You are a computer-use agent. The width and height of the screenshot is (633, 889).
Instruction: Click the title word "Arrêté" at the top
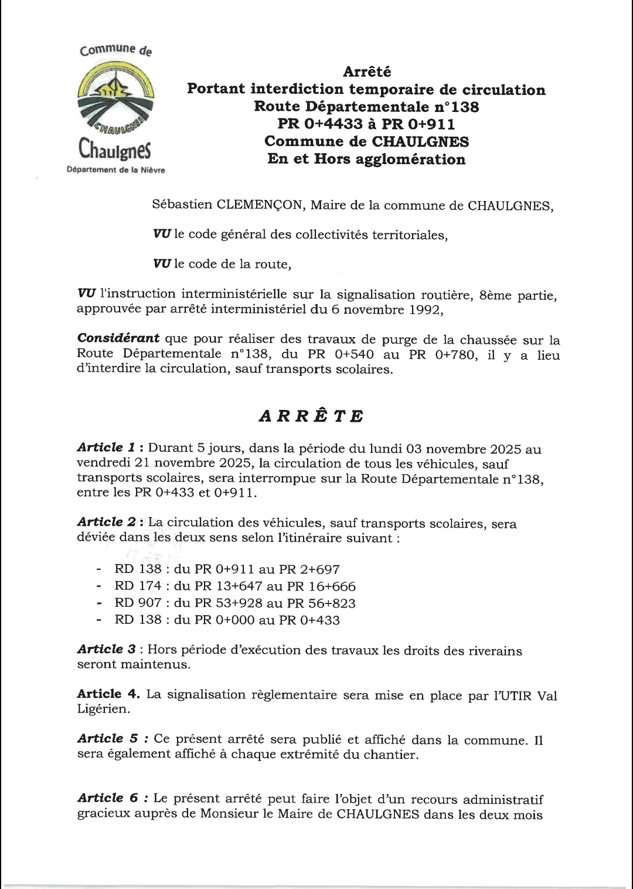point(366,72)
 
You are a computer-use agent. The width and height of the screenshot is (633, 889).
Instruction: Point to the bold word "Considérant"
point(118,338)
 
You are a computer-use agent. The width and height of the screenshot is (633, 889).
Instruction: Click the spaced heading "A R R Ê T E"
point(311,416)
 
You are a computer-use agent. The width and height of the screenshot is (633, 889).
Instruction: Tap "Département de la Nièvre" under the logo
point(117,170)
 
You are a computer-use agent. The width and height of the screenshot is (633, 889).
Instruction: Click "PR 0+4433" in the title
point(319,124)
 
